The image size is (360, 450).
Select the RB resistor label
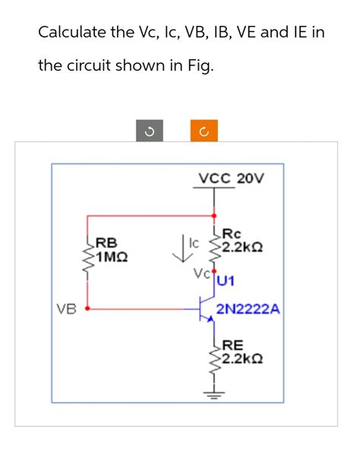coord(106,243)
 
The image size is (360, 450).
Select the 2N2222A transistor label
coord(248,310)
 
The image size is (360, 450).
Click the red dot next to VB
coord(88,309)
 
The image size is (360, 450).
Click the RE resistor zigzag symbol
coord(213,357)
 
